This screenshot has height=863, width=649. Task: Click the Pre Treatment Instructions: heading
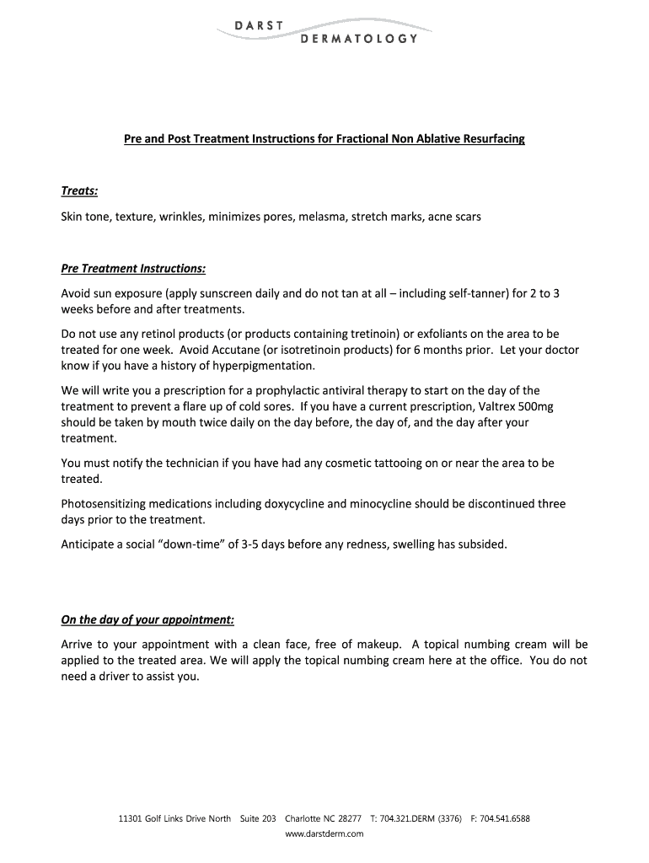point(133,269)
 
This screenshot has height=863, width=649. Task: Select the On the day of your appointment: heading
point(147,620)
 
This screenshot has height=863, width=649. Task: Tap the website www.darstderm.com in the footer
point(324,834)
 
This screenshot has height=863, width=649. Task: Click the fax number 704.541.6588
point(504,818)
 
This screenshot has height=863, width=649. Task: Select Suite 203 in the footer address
point(258,818)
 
